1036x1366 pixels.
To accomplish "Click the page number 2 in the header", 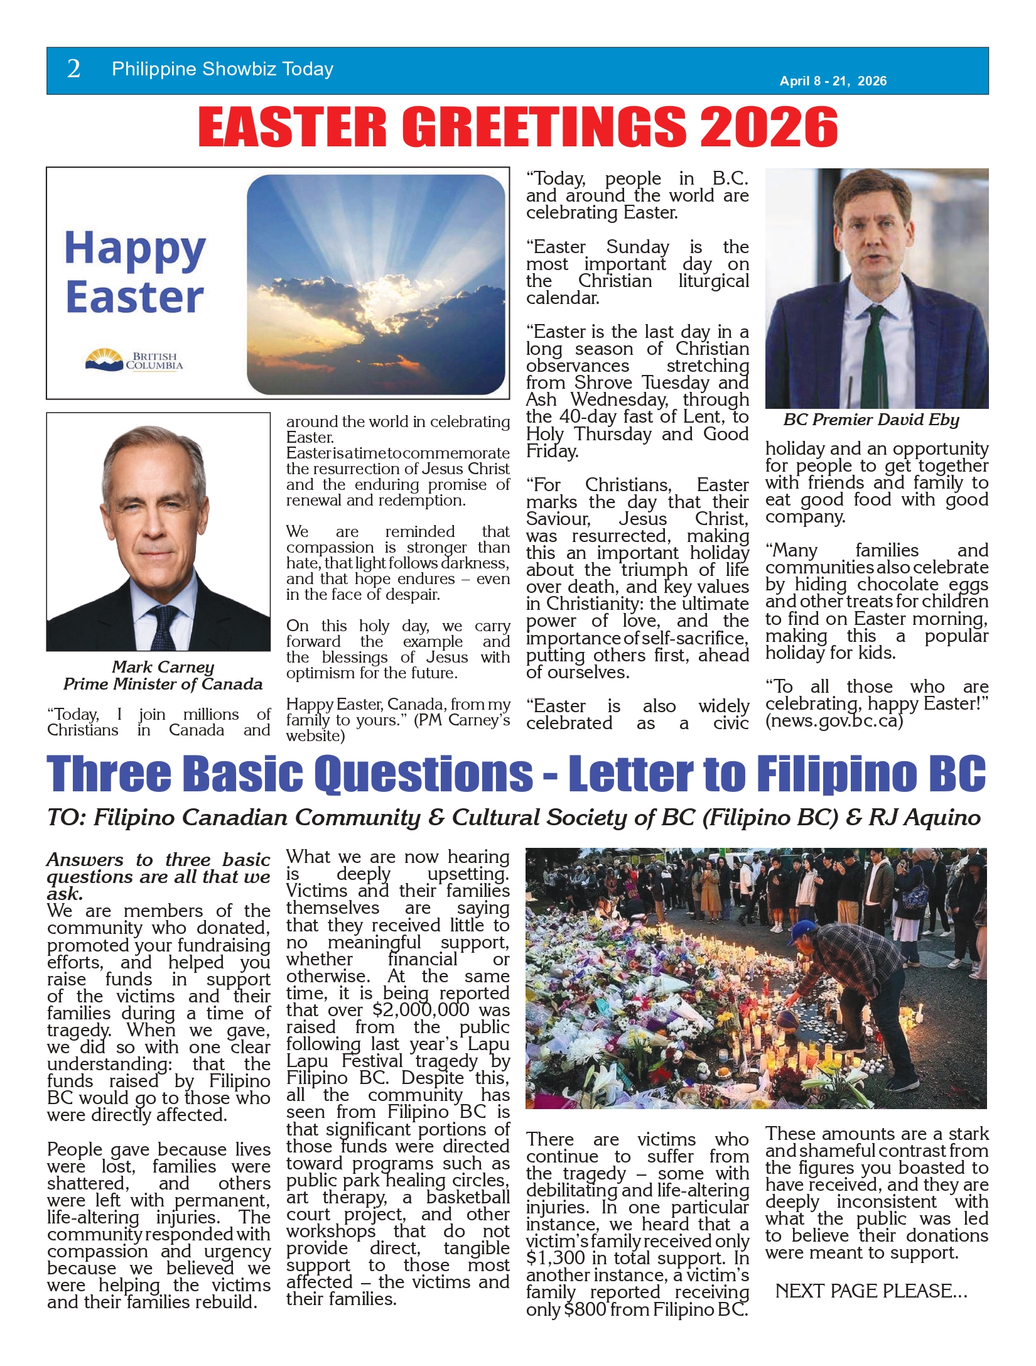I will [73, 69].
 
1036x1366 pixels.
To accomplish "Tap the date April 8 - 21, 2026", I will [833, 81].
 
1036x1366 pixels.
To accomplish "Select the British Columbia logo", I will [134, 360].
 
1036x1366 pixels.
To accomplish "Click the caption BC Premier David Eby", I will [871, 420].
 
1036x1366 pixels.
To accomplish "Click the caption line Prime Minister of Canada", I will [163, 684].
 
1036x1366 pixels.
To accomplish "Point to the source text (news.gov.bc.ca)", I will [834, 721].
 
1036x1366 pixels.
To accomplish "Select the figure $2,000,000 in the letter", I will [421, 1011].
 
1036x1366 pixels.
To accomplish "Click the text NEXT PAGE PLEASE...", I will [871, 1291].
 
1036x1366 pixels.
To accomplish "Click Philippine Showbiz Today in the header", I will [222, 69].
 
